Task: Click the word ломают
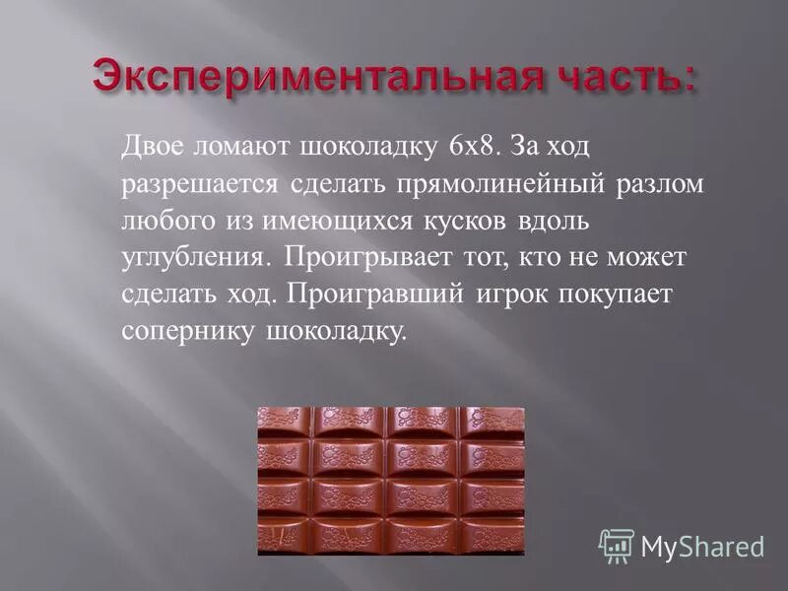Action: (247, 147)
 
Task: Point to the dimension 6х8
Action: (472, 147)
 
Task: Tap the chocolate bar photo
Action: (391, 481)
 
